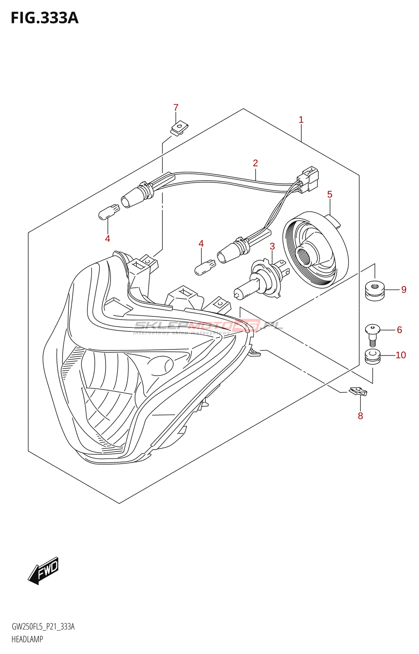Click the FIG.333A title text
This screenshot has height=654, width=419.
44,18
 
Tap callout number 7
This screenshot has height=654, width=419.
176,108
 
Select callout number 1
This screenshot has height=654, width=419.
301,120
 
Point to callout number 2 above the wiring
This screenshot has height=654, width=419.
255,163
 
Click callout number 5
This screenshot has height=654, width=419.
330,195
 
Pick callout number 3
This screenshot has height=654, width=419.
272,246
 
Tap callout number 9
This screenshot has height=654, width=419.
404,290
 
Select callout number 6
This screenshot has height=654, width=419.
399,330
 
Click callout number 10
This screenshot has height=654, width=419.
401,355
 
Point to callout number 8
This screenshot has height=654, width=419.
360,416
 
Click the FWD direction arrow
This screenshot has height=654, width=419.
44,570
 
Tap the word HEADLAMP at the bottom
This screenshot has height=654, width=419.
27,639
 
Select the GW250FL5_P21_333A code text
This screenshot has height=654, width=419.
43,627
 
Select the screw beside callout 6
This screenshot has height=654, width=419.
372,334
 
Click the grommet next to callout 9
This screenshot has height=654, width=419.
374,290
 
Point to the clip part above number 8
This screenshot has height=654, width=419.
358,392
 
